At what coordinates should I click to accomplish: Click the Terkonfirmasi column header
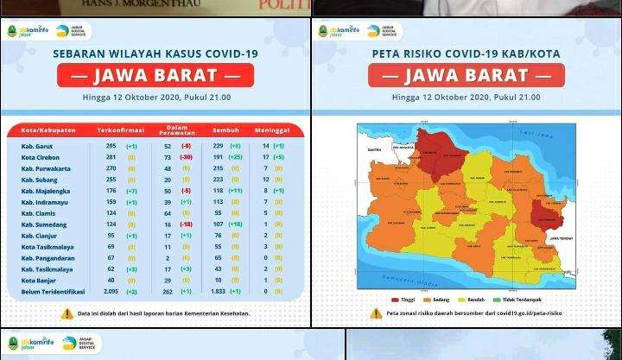click(120, 130)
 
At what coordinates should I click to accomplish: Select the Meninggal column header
click(271, 130)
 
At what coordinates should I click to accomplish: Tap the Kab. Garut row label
click(37, 147)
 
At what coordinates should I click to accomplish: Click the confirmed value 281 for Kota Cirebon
click(111, 158)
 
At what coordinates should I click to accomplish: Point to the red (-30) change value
click(186, 158)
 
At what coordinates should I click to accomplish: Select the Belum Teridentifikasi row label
click(53, 292)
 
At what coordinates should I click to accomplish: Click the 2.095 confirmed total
click(110, 292)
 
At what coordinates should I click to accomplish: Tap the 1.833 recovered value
click(218, 292)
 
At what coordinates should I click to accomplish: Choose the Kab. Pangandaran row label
click(48, 258)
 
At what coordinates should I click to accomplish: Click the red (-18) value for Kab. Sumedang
click(186, 224)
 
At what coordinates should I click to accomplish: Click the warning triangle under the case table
click(67, 313)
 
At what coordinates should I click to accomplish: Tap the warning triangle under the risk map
click(376, 313)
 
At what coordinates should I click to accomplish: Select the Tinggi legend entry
click(403, 300)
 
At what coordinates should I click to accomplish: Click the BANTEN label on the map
click(374, 150)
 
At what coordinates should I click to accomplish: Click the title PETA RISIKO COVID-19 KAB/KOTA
click(466, 54)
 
